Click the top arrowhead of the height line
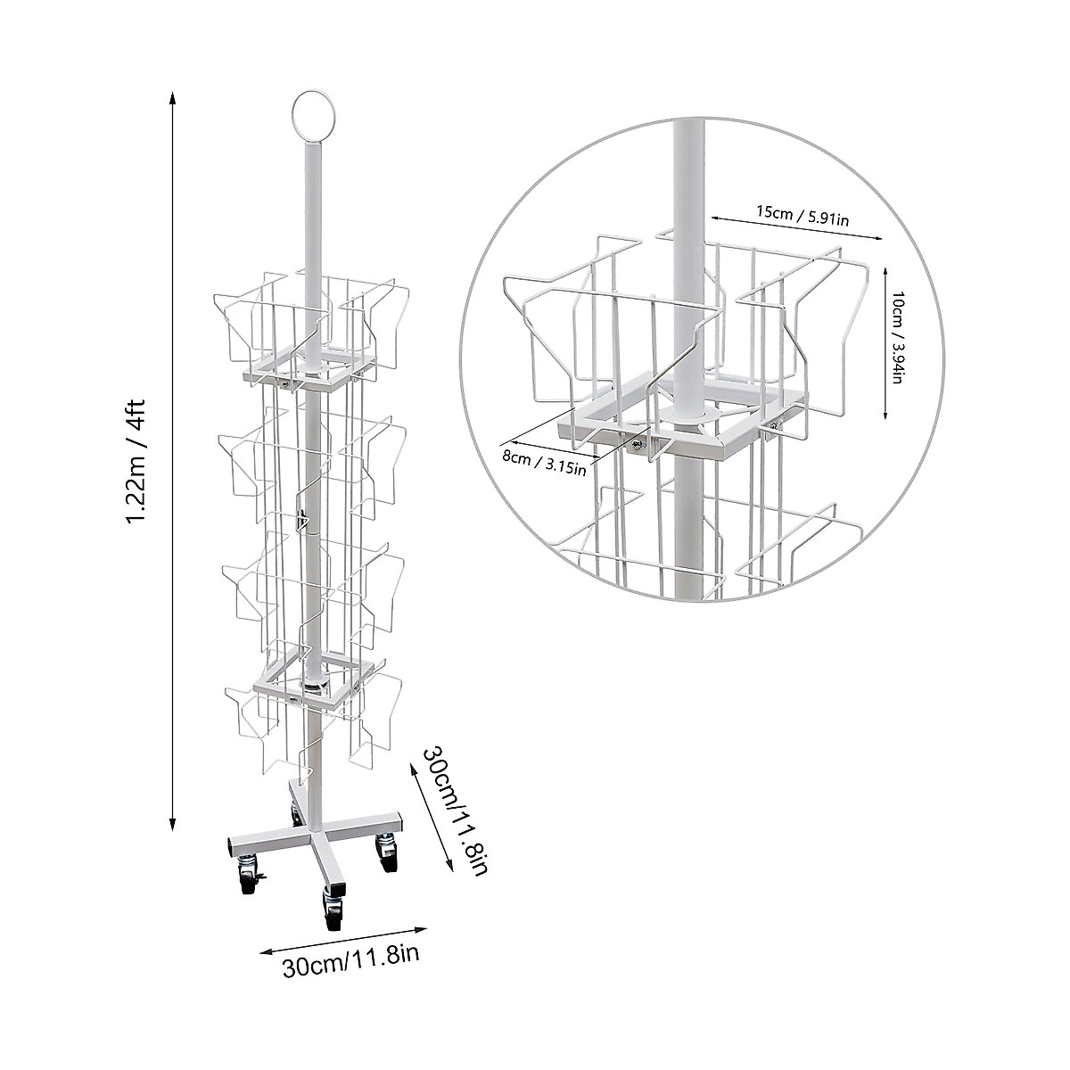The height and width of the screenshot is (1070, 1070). (x=173, y=97)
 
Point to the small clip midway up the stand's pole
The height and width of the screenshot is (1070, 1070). (x=304, y=518)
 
